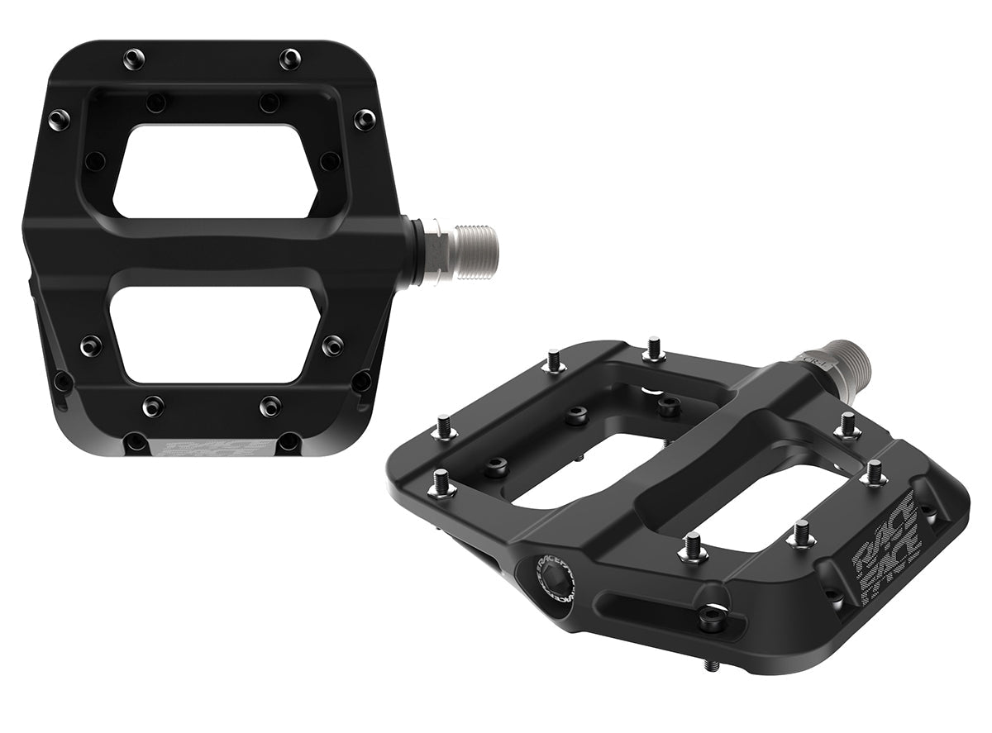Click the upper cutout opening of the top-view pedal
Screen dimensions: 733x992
[215, 169]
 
